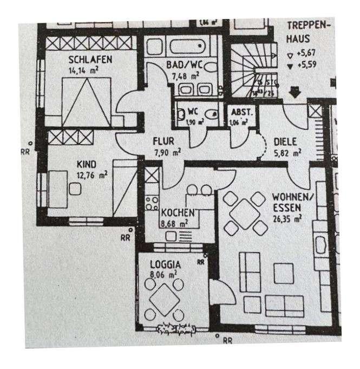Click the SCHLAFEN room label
(x=90, y=59)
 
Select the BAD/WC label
(x=185, y=66)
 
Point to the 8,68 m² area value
(x=174, y=222)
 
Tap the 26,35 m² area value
(x=287, y=218)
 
